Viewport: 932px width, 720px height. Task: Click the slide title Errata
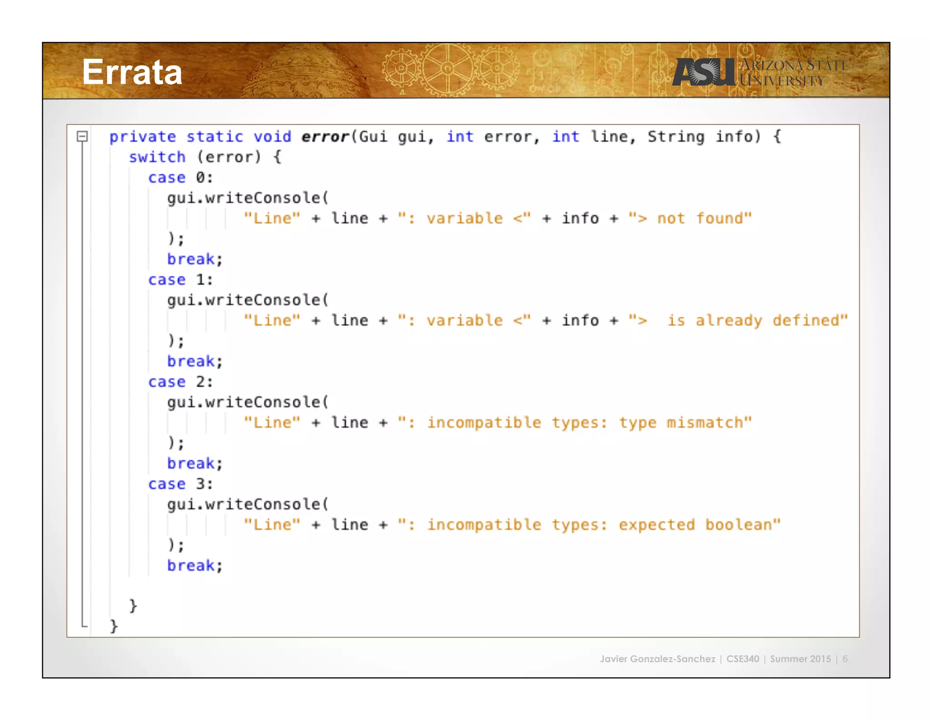coord(132,72)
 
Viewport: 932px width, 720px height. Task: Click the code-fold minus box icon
coord(82,136)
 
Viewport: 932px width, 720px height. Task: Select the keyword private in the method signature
coord(142,137)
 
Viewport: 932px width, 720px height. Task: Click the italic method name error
coord(325,137)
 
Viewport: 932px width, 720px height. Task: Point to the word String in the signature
coord(676,137)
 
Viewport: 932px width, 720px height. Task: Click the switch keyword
coord(157,157)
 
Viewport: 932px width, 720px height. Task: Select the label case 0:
coord(181,177)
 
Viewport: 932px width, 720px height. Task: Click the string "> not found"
coord(690,218)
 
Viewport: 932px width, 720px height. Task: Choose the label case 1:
coord(181,279)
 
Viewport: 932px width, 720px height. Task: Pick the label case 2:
coord(181,382)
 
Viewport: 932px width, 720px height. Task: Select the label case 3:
coord(181,484)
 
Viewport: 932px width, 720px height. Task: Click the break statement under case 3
coord(194,566)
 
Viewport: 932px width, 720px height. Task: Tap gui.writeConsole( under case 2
coord(248,402)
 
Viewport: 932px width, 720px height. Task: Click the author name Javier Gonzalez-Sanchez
coord(658,659)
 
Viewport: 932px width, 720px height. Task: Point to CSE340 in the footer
coord(743,659)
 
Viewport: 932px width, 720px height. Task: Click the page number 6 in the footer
coord(845,659)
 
